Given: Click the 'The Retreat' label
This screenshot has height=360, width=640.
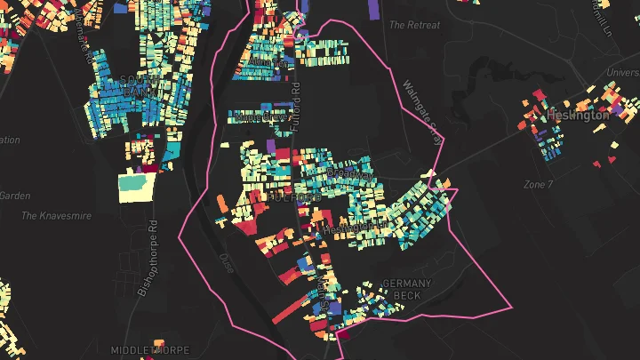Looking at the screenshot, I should pyautogui.click(x=415, y=25).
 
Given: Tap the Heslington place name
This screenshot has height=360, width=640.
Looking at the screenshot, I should pyautogui.click(x=578, y=115).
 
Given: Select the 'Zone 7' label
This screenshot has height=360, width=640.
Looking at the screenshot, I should pyautogui.click(x=538, y=184).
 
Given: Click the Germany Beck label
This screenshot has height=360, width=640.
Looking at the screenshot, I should pyautogui.click(x=406, y=289).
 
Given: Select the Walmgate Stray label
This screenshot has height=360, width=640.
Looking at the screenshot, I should pyautogui.click(x=421, y=107).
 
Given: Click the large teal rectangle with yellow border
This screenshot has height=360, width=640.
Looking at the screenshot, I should pyautogui.click(x=136, y=183).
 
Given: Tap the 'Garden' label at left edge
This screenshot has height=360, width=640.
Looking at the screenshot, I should pyautogui.click(x=15, y=196).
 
